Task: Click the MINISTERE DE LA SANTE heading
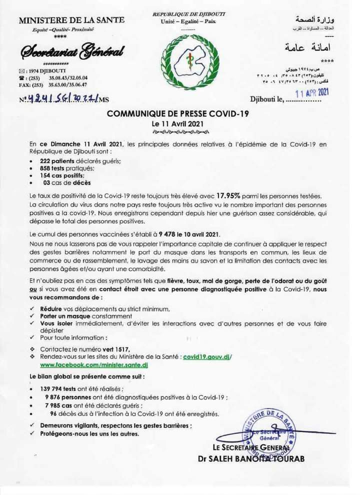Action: coord(71,20)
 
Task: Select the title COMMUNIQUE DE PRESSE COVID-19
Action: coord(178,113)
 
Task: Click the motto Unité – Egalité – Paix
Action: coord(189,22)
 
